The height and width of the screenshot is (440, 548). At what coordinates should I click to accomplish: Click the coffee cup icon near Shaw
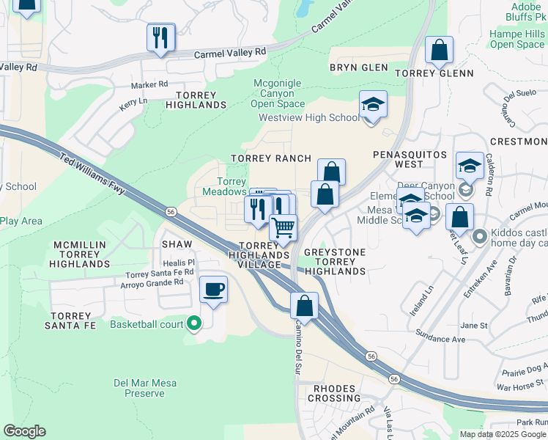(213, 290)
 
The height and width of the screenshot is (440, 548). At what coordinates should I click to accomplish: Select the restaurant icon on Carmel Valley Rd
(160, 37)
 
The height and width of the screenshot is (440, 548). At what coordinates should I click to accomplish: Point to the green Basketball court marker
(194, 323)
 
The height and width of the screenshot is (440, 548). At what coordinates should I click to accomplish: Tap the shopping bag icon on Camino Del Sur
(304, 305)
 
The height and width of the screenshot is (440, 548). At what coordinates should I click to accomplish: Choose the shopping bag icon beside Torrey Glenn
(439, 51)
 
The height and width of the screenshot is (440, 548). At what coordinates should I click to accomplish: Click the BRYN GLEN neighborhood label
(358, 67)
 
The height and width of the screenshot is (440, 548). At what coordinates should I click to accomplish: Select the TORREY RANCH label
(271, 158)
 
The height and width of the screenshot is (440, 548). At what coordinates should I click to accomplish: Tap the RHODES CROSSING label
(334, 393)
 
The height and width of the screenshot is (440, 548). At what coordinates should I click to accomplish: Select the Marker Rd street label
(149, 85)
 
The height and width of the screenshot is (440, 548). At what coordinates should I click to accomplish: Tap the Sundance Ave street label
(441, 340)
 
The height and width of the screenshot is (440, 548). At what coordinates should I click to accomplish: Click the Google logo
(24, 431)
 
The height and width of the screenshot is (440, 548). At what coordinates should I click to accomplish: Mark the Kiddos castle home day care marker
(480, 236)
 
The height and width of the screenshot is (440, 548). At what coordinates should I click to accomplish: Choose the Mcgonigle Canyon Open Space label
(277, 93)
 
